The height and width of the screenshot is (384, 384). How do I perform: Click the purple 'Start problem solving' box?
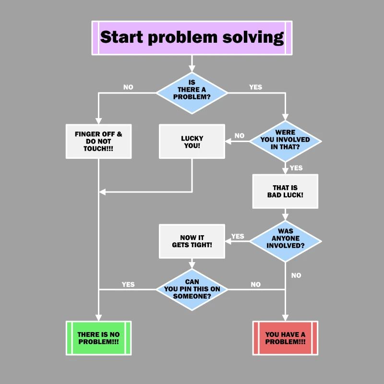[192, 37]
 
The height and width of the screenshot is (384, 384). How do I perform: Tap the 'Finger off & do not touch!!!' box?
[98, 141]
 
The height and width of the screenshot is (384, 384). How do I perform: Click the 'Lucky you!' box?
[192, 142]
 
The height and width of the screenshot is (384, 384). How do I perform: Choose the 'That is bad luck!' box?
[285, 191]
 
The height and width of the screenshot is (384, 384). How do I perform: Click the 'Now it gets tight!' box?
[192, 241]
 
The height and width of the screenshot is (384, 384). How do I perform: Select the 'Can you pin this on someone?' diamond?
[192, 289]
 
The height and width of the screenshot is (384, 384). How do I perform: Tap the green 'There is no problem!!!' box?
[98, 338]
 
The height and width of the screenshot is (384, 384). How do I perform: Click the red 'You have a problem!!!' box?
[285, 338]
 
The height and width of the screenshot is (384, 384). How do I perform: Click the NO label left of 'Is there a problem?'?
[128, 87]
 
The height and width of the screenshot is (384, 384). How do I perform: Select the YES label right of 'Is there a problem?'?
[256, 87]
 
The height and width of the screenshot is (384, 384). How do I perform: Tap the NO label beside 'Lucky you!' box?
[239, 136]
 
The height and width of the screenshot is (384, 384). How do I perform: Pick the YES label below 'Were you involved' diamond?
[296, 168]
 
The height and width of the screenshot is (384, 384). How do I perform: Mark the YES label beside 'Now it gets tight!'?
[238, 236]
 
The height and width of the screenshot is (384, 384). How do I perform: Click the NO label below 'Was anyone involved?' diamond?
[296, 276]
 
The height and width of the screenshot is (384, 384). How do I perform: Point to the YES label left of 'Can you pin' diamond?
[128, 284]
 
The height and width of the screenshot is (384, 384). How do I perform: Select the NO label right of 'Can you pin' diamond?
[256, 285]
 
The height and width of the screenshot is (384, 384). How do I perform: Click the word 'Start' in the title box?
[122, 37]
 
